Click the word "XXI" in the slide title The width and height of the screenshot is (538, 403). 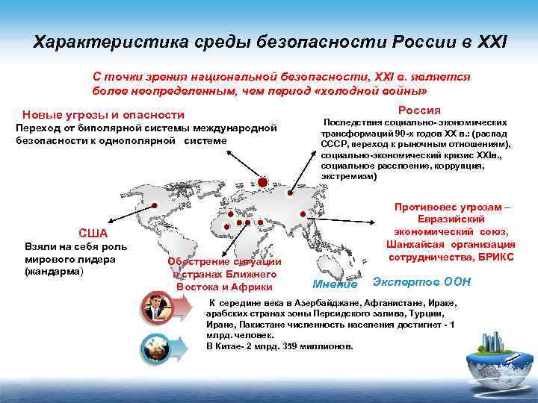point(489,40)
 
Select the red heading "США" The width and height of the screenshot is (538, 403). point(93,233)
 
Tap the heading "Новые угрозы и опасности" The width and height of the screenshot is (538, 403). point(103,115)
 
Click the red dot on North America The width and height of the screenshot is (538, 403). point(155,204)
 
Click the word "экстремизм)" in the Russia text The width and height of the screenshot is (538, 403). point(349,177)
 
